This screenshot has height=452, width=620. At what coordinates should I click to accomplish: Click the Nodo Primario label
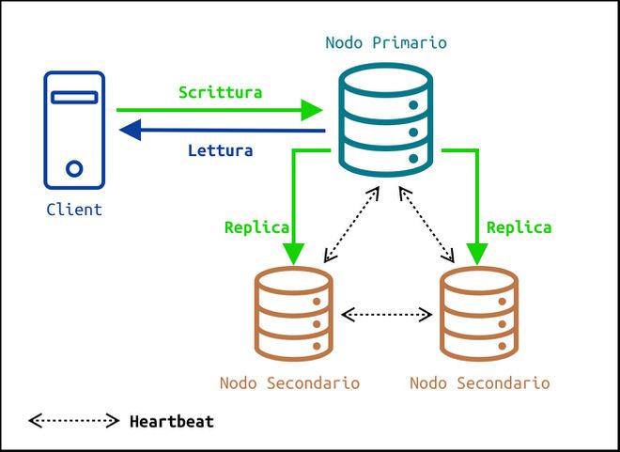pyautogui.click(x=385, y=43)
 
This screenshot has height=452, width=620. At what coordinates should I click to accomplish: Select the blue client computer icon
pyautogui.click(x=74, y=131)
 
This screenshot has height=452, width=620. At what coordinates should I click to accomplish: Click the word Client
pyautogui.click(x=74, y=210)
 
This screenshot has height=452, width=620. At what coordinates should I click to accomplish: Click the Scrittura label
pyautogui.click(x=220, y=93)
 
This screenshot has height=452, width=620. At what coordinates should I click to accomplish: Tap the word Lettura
pyautogui.click(x=220, y=150)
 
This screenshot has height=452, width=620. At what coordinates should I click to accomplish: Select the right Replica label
pyautogui.click(x=519, y=227)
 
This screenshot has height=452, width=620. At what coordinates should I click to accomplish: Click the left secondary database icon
pyautogui.click(x=294, y=314)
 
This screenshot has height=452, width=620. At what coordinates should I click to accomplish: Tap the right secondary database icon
pyautogui.click(x=479, y=314)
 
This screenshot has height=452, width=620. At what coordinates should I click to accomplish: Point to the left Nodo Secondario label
pyautogui.click(x=289, y=383)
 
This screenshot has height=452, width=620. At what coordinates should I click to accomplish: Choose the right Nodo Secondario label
pyautogui.click(x=480, y=383)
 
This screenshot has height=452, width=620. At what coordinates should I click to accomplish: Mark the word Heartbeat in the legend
pyautogui.click(x=171, y=422)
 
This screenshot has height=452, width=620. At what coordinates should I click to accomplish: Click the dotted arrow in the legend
pyautogui.click(x=73, y=421)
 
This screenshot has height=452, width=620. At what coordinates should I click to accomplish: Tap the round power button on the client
pyautogui.click(x=74, y=169)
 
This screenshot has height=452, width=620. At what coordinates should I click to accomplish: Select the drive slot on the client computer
pyautogui.click(x=74, y=97)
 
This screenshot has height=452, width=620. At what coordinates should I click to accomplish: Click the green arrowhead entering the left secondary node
pyautogui.click(x=294, y=254)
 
